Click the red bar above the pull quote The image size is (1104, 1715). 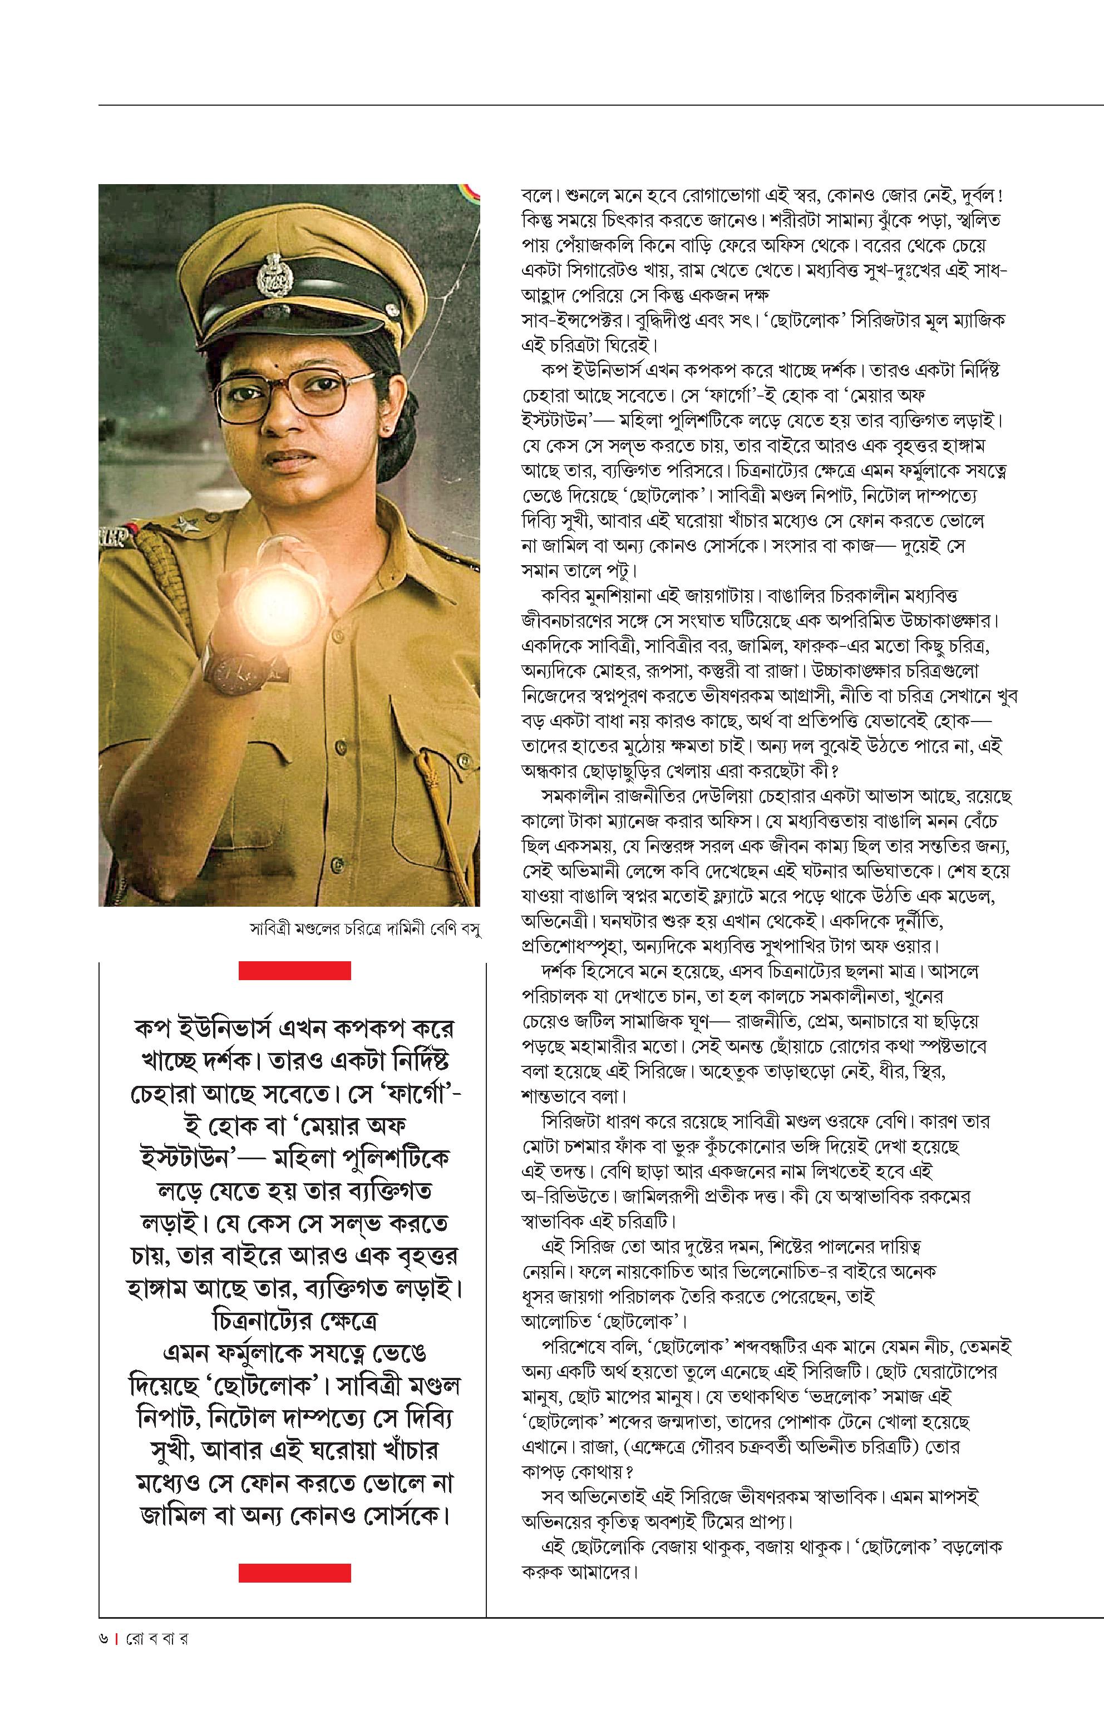[294, 971]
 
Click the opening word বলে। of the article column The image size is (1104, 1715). [538, 195]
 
